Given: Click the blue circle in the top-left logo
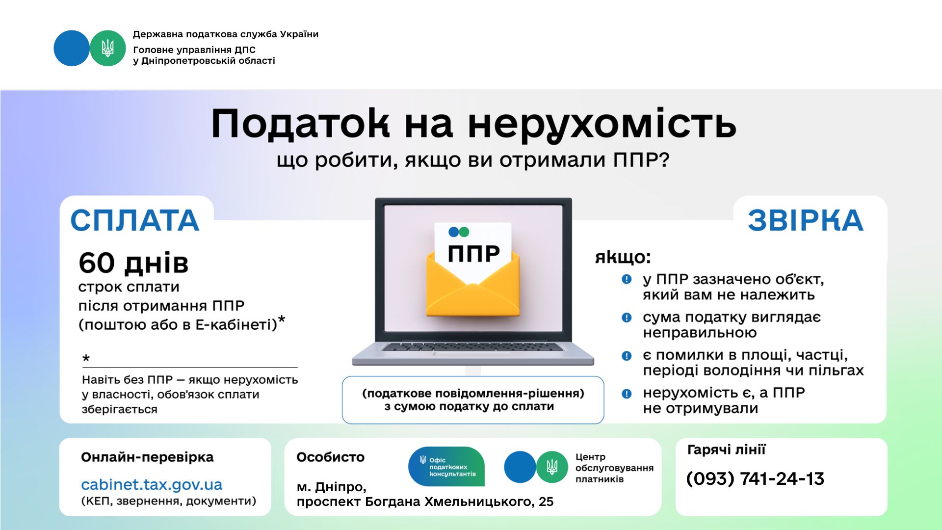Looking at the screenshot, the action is [72, 48].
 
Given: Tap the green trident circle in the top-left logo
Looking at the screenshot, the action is [108, 48].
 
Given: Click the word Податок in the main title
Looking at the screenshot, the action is [301, 124].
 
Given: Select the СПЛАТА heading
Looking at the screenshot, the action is [135, 220].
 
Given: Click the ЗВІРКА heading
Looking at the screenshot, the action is [806, 220].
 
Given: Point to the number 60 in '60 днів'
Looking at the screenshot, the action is [97, 263].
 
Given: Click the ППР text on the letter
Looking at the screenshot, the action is [473, 253].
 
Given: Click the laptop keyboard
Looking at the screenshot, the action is [473, 347].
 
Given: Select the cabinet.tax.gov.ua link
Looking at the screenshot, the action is [152, 485].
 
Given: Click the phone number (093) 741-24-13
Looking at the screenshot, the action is [755, 478].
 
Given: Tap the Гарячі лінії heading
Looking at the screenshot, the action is [726, 450].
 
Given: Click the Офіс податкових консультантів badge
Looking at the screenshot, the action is [446, 467].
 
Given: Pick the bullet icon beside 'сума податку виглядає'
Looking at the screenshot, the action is [627, 318].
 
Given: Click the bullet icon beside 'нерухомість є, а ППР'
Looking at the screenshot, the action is [627, 394].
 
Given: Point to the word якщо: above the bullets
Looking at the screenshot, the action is [623, 257].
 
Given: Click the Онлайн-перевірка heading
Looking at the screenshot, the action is [147, 457].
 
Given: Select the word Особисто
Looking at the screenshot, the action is [331, 457].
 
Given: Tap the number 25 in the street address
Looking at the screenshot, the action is [546, 502].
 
